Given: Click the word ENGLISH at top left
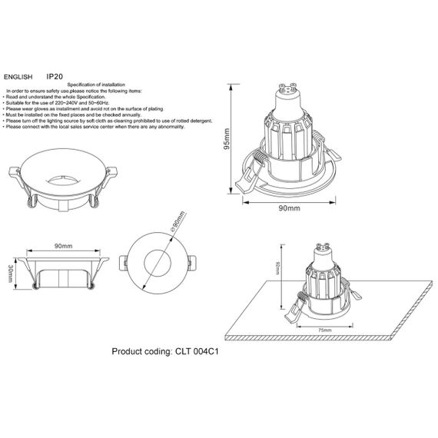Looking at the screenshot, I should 18,78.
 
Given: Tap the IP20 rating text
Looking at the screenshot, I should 55,77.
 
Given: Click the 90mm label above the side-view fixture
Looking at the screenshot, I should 63,247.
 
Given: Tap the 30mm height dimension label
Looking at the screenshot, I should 10,274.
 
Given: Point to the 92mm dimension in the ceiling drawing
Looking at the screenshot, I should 277,270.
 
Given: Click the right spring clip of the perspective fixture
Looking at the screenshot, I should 98,201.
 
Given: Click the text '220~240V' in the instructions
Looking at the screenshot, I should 66,101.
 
